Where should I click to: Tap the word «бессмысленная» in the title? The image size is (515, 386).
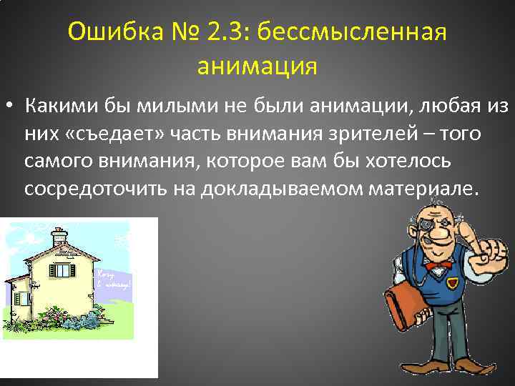(351, 32)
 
